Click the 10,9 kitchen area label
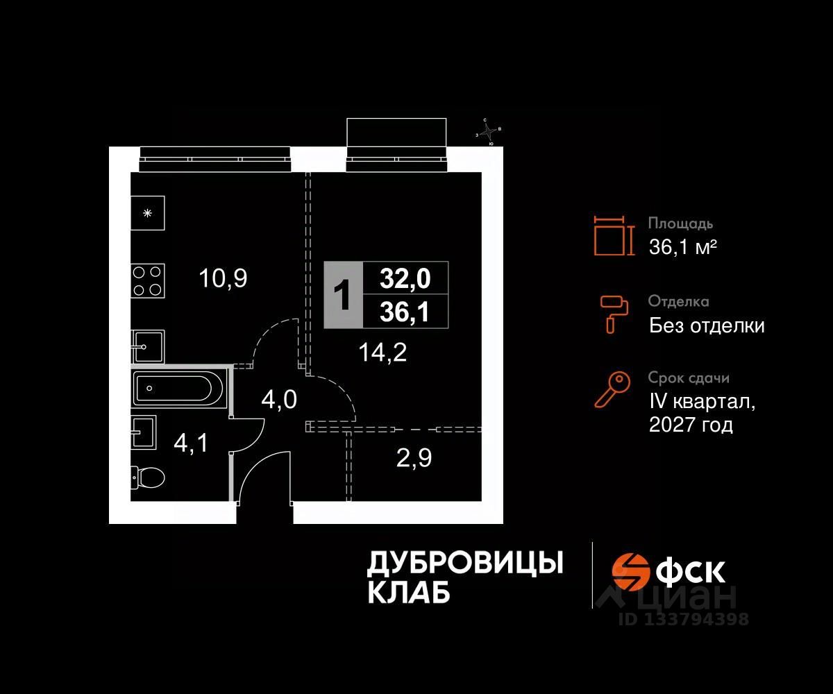(x=223, y=278)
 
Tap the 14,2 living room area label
(x=382, y=353)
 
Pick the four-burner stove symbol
(x=148, y=281)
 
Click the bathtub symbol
(x=179, y=389)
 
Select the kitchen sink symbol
(x=148, y=346)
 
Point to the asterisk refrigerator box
(x=147, y=213)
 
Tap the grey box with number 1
(x=343, y=295)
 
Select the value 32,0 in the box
(x=405, y=278)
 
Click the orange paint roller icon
(x=614, y=313)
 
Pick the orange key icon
(x=613, y=389)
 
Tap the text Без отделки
(x=707, y=325)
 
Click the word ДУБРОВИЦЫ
(x=464, y=563)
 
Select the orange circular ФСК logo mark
(x=628, y=570)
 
